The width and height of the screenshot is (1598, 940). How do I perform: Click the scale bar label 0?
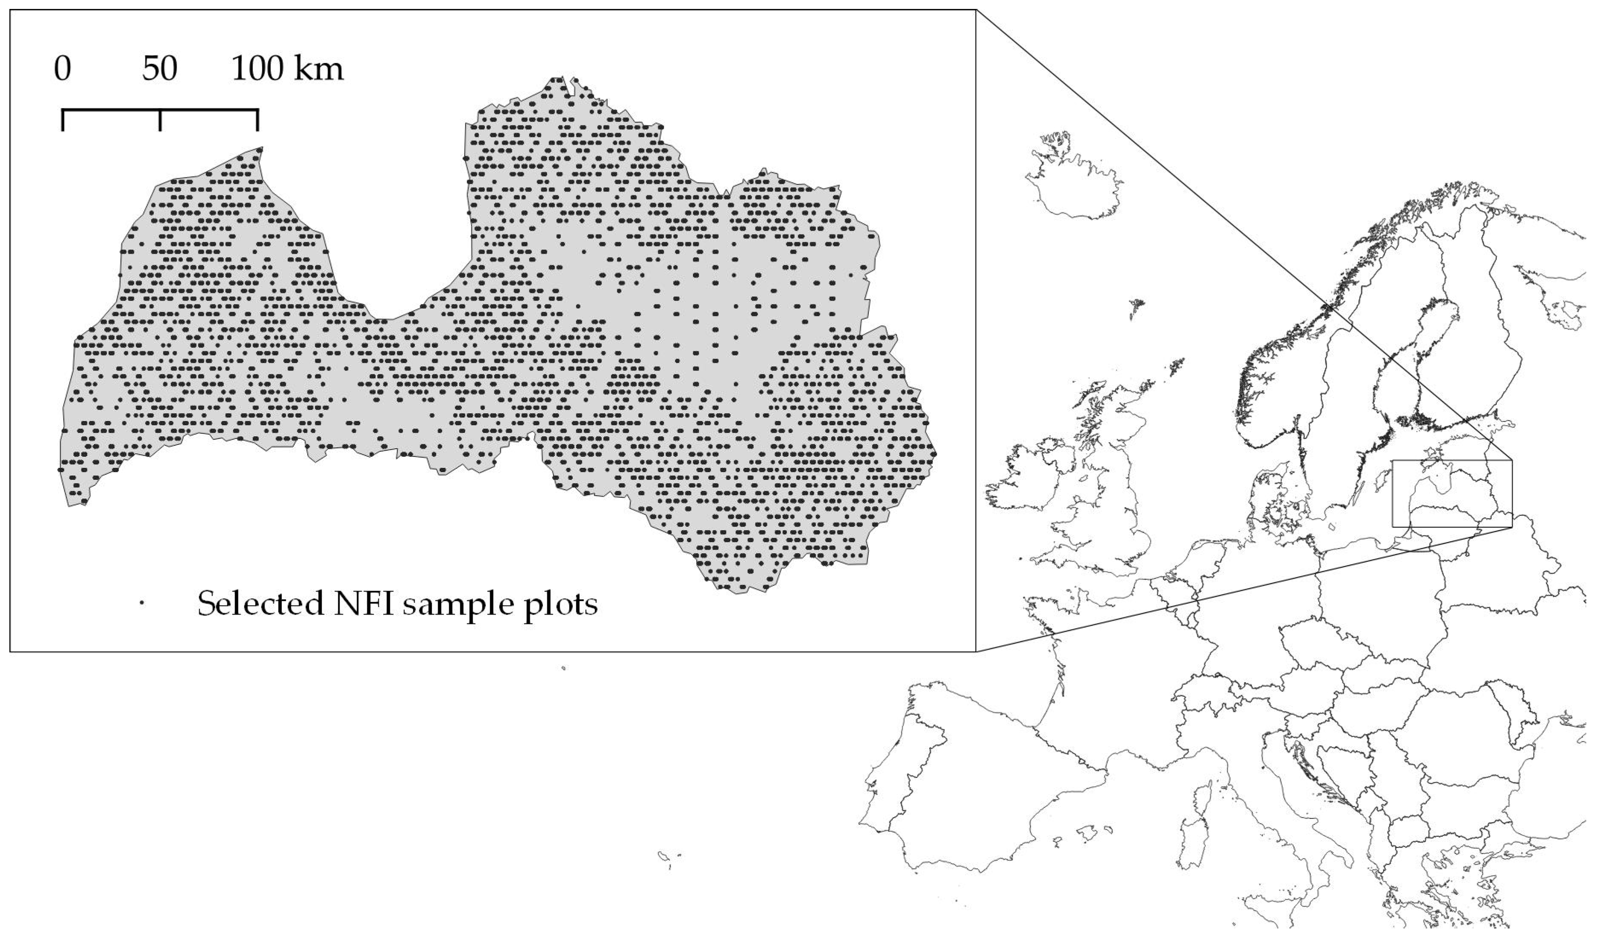click(x=62, y=69)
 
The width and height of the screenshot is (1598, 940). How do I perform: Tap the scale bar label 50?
click(x=159, y=69)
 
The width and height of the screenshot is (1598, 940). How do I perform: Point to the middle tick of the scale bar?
click(x=160, y=120)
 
